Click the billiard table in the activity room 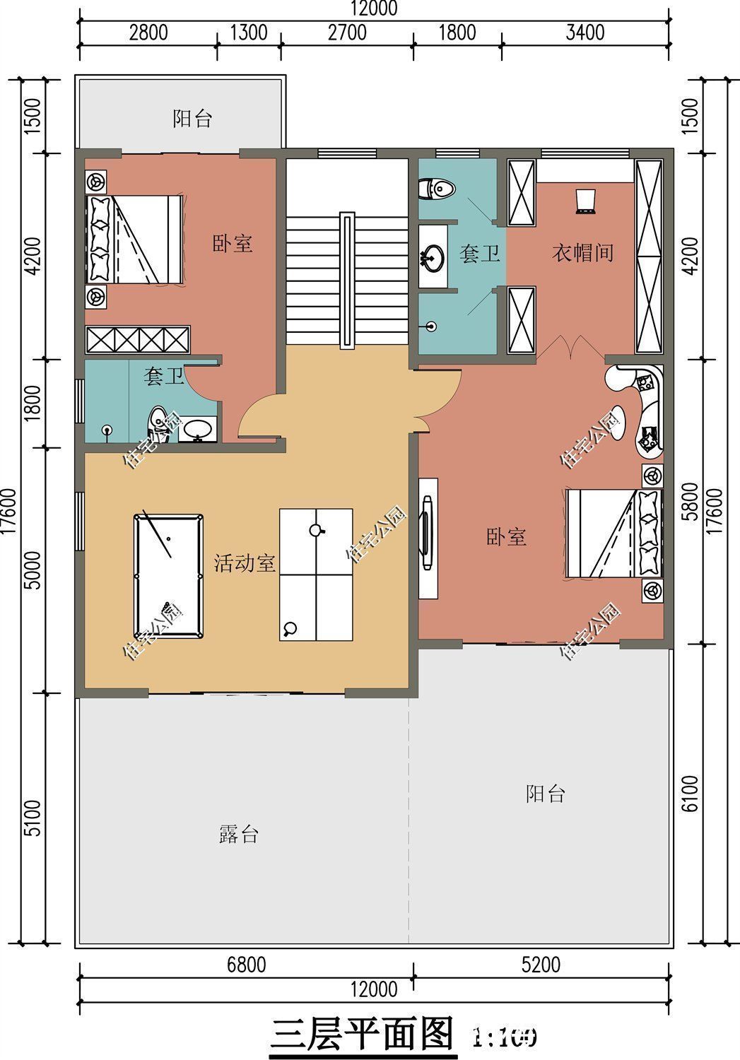168,577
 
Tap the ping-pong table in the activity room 316,574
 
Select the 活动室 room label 245,563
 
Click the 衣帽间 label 582,253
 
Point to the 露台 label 238,835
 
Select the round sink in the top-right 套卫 432,257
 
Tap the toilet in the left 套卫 157,424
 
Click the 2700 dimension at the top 347,33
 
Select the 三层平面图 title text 362,1035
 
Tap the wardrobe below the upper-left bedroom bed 138,339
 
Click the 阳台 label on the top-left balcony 192,119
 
